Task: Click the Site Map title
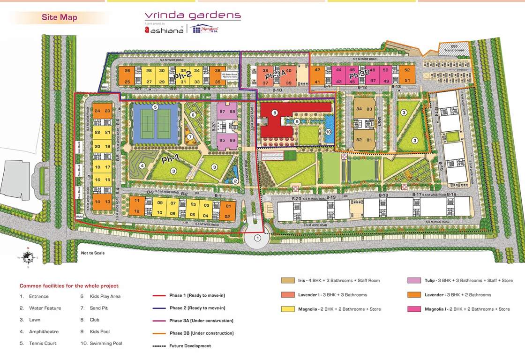coord(59,18)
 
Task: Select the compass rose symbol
coord(28,256)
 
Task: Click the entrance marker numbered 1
coord(257,238)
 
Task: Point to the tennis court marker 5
coord(155,107)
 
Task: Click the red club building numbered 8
coord(275,112)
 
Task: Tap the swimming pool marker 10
coord(328,132)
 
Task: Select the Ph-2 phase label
coord(182,76)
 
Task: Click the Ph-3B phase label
coord(360,75)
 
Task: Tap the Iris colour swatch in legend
coord(288,281)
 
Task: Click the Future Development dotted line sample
coord(159,346)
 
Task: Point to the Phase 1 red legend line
coord(159,296)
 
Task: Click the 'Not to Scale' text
coord(93,253)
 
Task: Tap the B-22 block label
coord(213,127)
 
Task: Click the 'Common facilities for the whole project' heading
coord(69,285)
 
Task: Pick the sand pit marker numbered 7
coord(190,137)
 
